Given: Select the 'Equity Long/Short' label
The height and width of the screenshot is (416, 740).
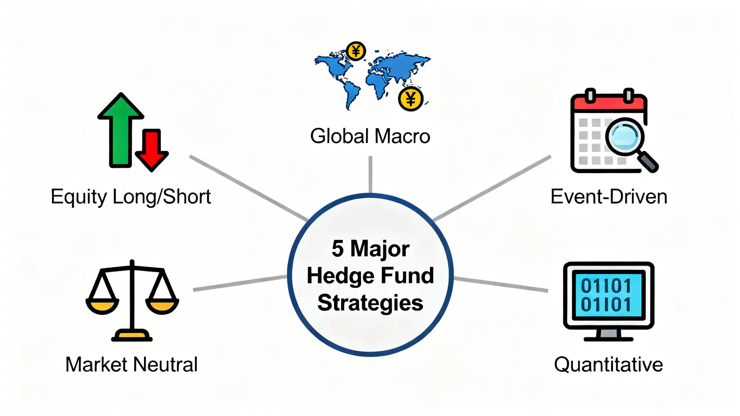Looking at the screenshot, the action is [131, 198].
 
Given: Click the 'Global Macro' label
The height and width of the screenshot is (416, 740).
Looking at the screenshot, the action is [370, 136].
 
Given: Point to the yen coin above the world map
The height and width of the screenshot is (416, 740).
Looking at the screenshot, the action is [356, 51].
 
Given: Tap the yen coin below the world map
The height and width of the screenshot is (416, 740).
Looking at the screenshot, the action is [410, 99].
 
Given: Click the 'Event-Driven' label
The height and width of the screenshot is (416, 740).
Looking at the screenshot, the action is [609, 197].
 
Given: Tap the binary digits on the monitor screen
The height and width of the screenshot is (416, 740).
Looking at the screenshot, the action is [606, 295].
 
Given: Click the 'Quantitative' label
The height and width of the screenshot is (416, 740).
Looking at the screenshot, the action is [608, 365].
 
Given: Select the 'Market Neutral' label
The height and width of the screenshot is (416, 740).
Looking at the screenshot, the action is [131, 364].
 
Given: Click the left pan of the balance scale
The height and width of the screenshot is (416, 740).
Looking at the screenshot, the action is [103, 306].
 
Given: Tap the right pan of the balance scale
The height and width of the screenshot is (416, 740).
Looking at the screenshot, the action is [162, 306].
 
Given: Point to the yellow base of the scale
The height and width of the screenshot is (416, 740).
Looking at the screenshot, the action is [132, 336].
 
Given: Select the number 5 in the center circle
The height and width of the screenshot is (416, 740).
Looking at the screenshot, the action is [337, 249].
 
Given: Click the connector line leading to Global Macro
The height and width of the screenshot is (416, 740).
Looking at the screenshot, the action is [370, 174].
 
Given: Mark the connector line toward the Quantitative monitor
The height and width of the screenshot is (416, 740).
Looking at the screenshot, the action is [501, 285].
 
